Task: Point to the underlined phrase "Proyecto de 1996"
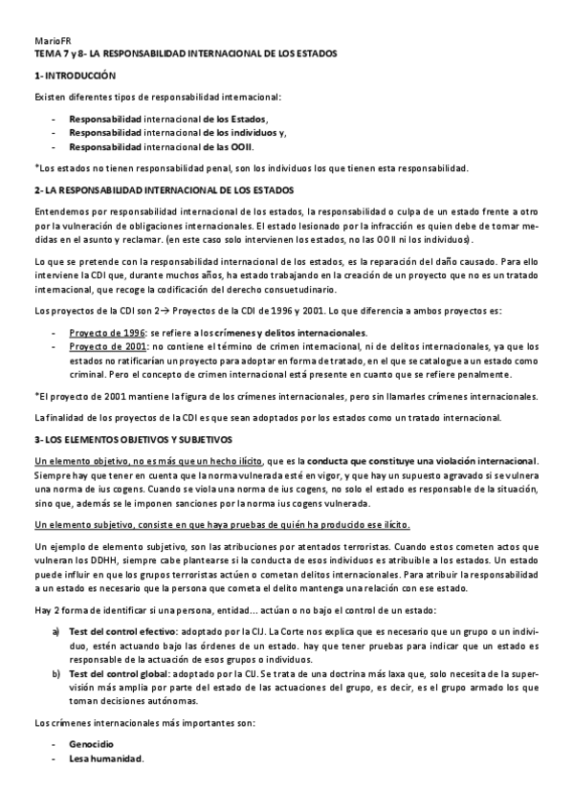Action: pyautogui.click(x=100, y=332)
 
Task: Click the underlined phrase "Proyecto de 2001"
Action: pyautogui.click(x=100, y=346)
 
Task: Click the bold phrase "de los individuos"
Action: pyautogui.click(x=240, y=133)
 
